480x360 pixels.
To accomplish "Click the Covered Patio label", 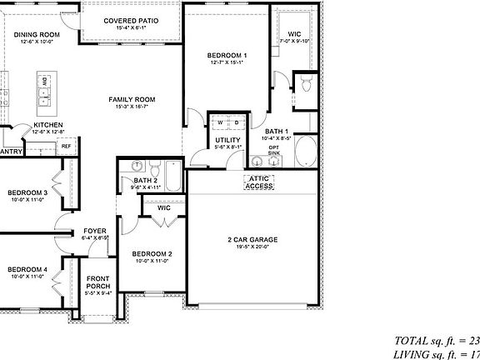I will pyautogui.click(x=132, y=20).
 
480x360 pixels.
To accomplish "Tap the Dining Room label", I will pyautogui.click(x=37, y=34).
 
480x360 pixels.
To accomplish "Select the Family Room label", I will pyautogui.click(x=132, y=99).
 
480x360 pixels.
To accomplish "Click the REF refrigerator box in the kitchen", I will pyautogui.click(x=67, y=146).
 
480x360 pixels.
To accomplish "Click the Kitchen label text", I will pyautogui.click(x=48, y=125).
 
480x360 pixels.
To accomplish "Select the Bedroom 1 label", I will pyautogui.click(x=227, y=56).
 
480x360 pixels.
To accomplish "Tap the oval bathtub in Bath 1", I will pyautogui.click(x=306, y=153).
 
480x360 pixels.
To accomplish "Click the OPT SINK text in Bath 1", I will pyautogui.click(x=274, y=150).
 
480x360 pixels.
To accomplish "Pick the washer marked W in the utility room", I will pyautogui.click(x=220, y=122).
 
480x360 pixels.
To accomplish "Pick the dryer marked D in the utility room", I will pyautogui.click(x=236, y=122).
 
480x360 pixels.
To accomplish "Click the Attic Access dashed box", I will pyautogui.click(x=258, y=182).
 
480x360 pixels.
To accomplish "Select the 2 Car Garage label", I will pyautogui.click(x=252, y=240).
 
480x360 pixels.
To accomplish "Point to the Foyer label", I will pyautogui.click(x=94, y=231).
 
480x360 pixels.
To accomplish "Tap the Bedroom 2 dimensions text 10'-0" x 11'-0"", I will pyautogui.click(x=152, y=261).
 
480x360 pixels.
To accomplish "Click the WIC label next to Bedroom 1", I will pyautogui.click(x=293, y=12).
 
